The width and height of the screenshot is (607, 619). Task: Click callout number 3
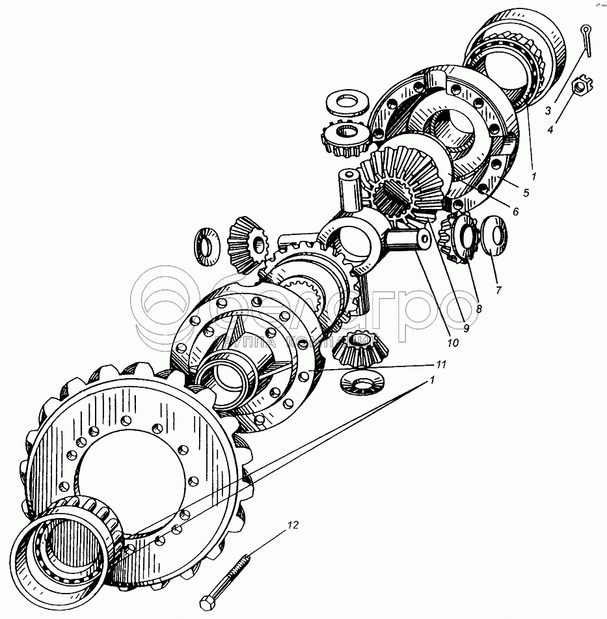point(548,111)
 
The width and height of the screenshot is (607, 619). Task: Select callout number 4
point(550,129)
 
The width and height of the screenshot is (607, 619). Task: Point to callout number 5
point(526,193)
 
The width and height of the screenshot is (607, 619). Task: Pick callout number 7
point(498,290)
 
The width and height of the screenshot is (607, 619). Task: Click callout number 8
point(478,309)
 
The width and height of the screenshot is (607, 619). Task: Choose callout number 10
point(452,341)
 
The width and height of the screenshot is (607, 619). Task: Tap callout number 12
point(293,525)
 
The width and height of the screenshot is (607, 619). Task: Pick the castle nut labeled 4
point(576,86)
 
